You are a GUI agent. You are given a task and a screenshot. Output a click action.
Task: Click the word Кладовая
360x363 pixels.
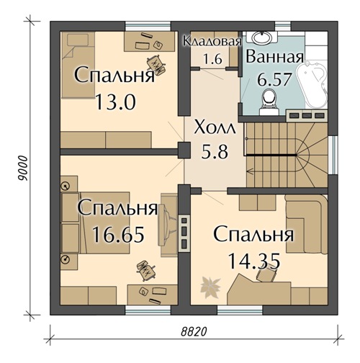pos(210,41)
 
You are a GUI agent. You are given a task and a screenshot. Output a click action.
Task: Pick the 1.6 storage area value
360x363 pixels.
pos(212,60)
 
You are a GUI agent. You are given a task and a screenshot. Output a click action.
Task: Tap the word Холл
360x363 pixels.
pos(215,130)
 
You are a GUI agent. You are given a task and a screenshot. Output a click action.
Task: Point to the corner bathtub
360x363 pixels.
pos(315,79)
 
